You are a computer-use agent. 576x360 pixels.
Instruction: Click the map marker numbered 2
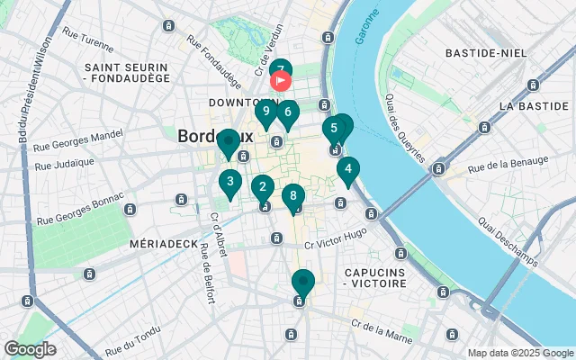262,188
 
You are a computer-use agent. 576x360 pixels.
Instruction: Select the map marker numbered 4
348,168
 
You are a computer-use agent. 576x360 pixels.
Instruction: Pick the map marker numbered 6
287,113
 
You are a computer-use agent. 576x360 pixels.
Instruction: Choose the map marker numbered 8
292,196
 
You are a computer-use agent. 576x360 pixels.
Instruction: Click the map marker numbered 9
265,112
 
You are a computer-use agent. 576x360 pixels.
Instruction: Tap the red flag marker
280,80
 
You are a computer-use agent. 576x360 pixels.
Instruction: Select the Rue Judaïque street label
65,164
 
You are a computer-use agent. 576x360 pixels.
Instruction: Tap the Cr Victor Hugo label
335,244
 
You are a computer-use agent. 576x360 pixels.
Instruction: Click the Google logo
30,349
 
